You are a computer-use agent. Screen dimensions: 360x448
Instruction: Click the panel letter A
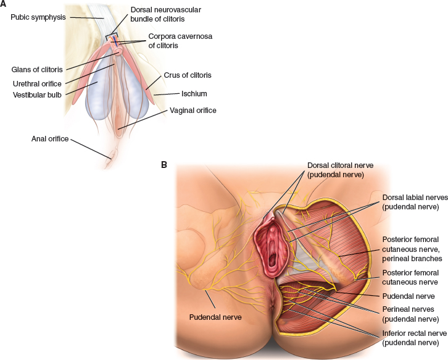4,4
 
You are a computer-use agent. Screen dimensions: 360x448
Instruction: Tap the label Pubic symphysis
38,17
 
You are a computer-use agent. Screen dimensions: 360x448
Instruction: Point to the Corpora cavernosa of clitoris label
179,41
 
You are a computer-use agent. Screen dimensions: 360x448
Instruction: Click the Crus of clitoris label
188,75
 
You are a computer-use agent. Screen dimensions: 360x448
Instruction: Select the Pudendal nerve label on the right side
409,296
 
